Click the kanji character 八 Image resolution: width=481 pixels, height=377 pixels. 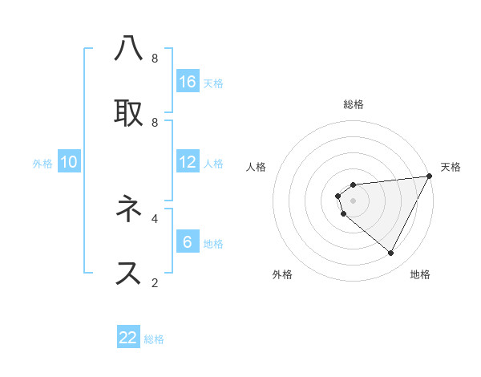(128, 49)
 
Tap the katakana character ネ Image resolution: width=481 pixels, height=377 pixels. (128, 209)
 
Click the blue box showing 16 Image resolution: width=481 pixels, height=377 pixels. (188, 82)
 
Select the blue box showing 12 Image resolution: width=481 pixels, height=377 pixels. (188, 162)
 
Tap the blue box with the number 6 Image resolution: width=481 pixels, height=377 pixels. (188, 242)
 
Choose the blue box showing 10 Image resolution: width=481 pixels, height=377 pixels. (69, 162)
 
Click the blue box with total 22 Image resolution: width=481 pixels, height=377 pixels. (128, 338)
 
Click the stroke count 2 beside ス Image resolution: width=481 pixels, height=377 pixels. (155, 282)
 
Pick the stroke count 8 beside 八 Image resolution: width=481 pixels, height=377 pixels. (155, 58)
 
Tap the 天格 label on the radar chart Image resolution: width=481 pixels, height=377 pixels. (451, 167)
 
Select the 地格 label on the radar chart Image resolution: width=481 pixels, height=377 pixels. (420, 274)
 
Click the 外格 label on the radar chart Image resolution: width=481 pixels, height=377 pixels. (282, 274)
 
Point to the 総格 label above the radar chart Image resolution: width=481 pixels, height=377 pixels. (353, 104)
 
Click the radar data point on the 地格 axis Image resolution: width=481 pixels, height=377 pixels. (390, 253)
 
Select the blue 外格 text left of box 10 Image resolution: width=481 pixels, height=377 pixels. (42, 163)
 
